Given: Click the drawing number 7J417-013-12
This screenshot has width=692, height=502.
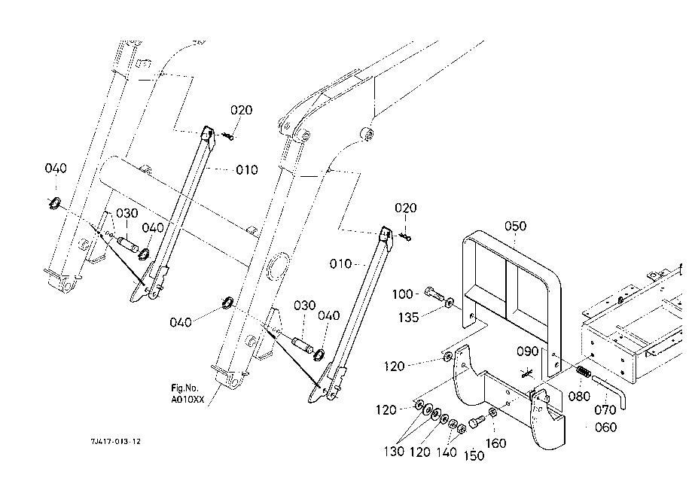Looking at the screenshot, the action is [x=116, y=441].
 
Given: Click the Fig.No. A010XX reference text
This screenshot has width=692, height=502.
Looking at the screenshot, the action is [x=187, y=394].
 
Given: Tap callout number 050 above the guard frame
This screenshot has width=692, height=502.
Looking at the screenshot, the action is [x=515, y=227].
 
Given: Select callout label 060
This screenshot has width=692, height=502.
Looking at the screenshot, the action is [x=605, y=427].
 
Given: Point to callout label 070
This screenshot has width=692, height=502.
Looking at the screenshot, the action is [x=605, y=410].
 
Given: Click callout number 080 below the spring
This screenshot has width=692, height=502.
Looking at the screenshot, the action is [x=579, y=396].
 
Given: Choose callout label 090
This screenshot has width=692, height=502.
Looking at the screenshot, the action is [x=527, y=351].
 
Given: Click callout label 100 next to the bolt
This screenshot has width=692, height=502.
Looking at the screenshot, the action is [x=403, y=294].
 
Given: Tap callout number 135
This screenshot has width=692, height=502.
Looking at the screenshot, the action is [x=408, y=317].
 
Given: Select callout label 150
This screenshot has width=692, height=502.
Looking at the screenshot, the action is [x=474, y=455].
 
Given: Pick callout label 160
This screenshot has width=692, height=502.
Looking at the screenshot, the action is [x=495, y=443].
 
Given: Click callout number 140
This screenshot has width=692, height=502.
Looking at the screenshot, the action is [x=447, y=452].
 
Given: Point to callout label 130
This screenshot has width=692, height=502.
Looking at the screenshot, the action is [x=394, y=452].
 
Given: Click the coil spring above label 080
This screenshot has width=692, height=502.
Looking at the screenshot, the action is [x=584, y=372].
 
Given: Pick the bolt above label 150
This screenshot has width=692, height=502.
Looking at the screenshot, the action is [x=477, y=421].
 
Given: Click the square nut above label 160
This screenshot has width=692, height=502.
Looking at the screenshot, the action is [x=493, y=412].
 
